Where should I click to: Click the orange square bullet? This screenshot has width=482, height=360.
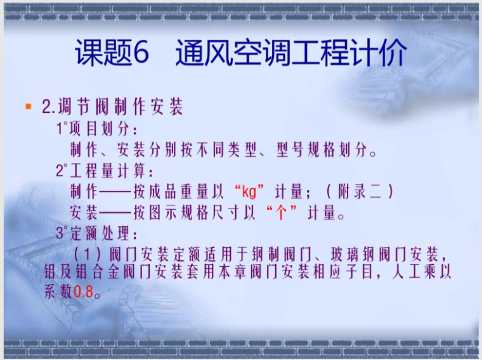pos(28,106)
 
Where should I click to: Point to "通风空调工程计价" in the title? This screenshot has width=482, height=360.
pos(291,54)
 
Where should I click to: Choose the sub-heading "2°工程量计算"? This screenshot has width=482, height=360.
pos(105,170)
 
